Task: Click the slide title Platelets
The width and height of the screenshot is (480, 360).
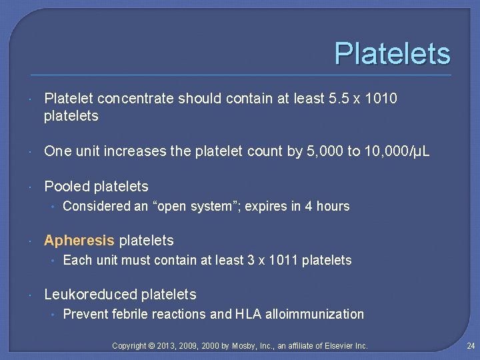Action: [392, 54]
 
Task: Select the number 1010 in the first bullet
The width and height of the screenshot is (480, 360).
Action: [383, 99]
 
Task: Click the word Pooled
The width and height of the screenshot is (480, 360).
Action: [67, 187]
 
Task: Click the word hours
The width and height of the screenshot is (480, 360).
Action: [333, 207]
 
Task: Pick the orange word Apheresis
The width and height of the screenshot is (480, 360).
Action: [79, 241]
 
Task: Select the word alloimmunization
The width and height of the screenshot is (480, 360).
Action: [315, 315]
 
